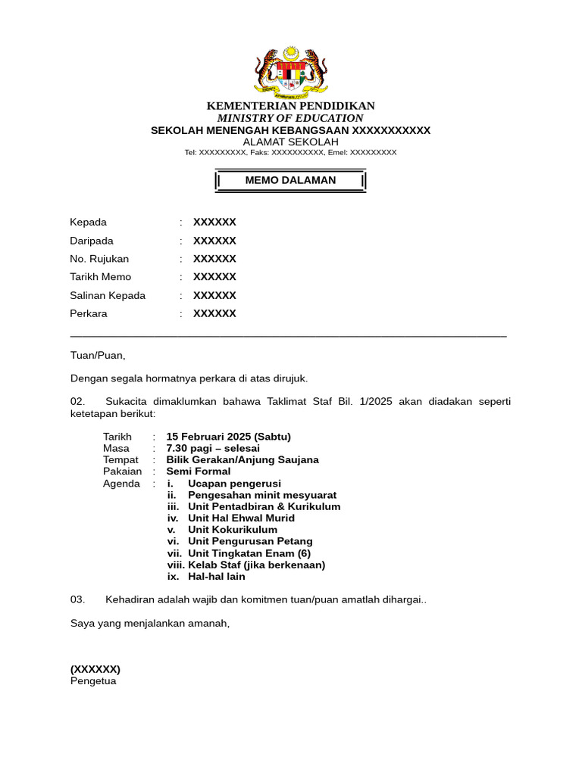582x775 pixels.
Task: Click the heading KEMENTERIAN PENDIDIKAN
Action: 290,106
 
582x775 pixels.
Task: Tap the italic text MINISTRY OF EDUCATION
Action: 290,118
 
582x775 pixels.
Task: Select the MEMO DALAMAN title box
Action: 290,180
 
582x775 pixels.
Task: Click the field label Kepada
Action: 89,223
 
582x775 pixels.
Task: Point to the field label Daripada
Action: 91,241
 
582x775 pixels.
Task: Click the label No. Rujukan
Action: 99,259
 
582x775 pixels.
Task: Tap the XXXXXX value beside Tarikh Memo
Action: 214,277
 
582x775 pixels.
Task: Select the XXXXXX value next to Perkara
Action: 214,313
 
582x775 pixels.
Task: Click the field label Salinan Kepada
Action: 108,295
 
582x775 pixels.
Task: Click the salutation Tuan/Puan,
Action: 98,356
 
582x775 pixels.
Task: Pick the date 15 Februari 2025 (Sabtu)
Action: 228,437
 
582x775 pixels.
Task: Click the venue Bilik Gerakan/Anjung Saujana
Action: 242,459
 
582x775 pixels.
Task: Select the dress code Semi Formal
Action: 199,472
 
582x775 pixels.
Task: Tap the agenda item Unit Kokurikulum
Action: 233,530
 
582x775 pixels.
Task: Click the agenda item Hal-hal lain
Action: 217,577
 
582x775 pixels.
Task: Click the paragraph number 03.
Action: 78,599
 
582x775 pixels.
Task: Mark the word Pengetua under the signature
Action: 93,681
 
